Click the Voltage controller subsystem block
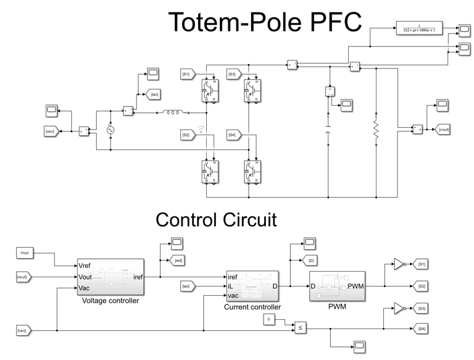click(x=110, y=277)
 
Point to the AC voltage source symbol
click(x=111, y=130)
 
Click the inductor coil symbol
click(x=173, y=113)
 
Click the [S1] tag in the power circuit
click(x=186, y=74)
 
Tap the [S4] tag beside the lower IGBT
click(x=232, y=135)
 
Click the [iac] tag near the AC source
click(x=154, y=94)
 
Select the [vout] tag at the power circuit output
click(x=443, y=129)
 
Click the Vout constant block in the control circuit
click(x=25, y=253)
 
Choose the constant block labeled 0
click(x=268, y=319)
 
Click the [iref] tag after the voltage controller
click(x=177, y=261)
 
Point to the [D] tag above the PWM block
click(x=310, y=261)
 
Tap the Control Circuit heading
click(x=216, y=219)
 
